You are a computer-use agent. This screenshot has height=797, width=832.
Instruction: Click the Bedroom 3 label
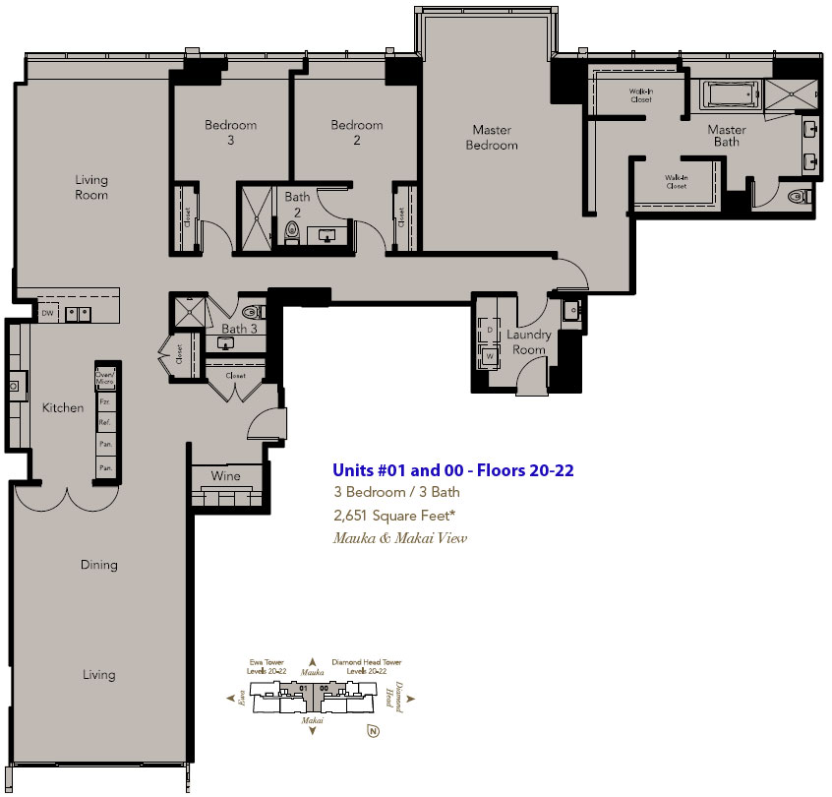231,132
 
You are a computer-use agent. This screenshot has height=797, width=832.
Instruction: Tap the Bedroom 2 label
357,132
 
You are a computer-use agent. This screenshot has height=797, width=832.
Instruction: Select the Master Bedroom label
492,137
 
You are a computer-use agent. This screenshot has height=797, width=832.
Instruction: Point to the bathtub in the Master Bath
729,96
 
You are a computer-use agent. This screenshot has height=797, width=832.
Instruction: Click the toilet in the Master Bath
800,196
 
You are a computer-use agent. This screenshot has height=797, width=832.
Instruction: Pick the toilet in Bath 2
291,232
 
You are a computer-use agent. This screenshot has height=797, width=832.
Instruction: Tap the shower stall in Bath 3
187,313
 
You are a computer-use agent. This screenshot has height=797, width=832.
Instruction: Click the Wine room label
226,476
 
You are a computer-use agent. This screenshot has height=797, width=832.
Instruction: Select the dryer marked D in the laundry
489,330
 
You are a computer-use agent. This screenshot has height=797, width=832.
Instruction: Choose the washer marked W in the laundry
489,355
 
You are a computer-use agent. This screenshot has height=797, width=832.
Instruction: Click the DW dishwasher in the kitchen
47,314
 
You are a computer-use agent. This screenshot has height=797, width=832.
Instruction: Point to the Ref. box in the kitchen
104,421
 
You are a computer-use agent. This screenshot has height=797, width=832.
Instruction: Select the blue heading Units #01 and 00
452,470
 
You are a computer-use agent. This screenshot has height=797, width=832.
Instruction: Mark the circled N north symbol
373,730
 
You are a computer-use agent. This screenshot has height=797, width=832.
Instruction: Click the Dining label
98,565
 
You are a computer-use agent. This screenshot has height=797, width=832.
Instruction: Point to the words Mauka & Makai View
399,538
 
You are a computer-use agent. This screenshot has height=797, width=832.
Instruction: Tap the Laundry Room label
529,342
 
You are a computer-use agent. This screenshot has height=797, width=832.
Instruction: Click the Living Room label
91,187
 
